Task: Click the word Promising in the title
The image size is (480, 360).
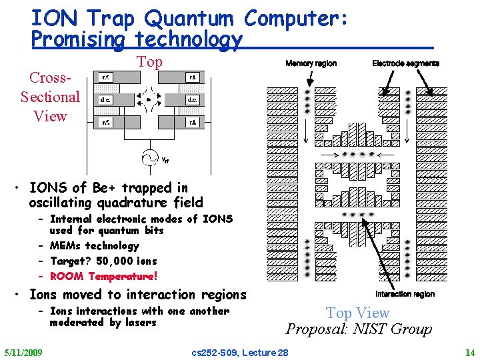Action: [79, 40]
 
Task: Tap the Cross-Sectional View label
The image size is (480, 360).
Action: [50, 97]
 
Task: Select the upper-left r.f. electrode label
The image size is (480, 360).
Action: [106, 77]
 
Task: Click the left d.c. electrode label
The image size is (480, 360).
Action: [106, 100]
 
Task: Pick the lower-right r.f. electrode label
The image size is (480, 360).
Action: [192, 123]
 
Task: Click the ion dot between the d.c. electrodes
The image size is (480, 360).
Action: [148, 99]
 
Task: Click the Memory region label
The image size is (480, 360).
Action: [311, 63]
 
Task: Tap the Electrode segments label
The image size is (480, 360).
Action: [405, 63]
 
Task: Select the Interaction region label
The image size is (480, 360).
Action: [405, 294]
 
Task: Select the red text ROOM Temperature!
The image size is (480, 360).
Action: [103, 276]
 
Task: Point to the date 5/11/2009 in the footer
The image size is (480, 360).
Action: [23, 352]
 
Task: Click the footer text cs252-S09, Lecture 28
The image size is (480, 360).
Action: [239, 352]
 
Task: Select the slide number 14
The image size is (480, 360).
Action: [471, 352]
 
